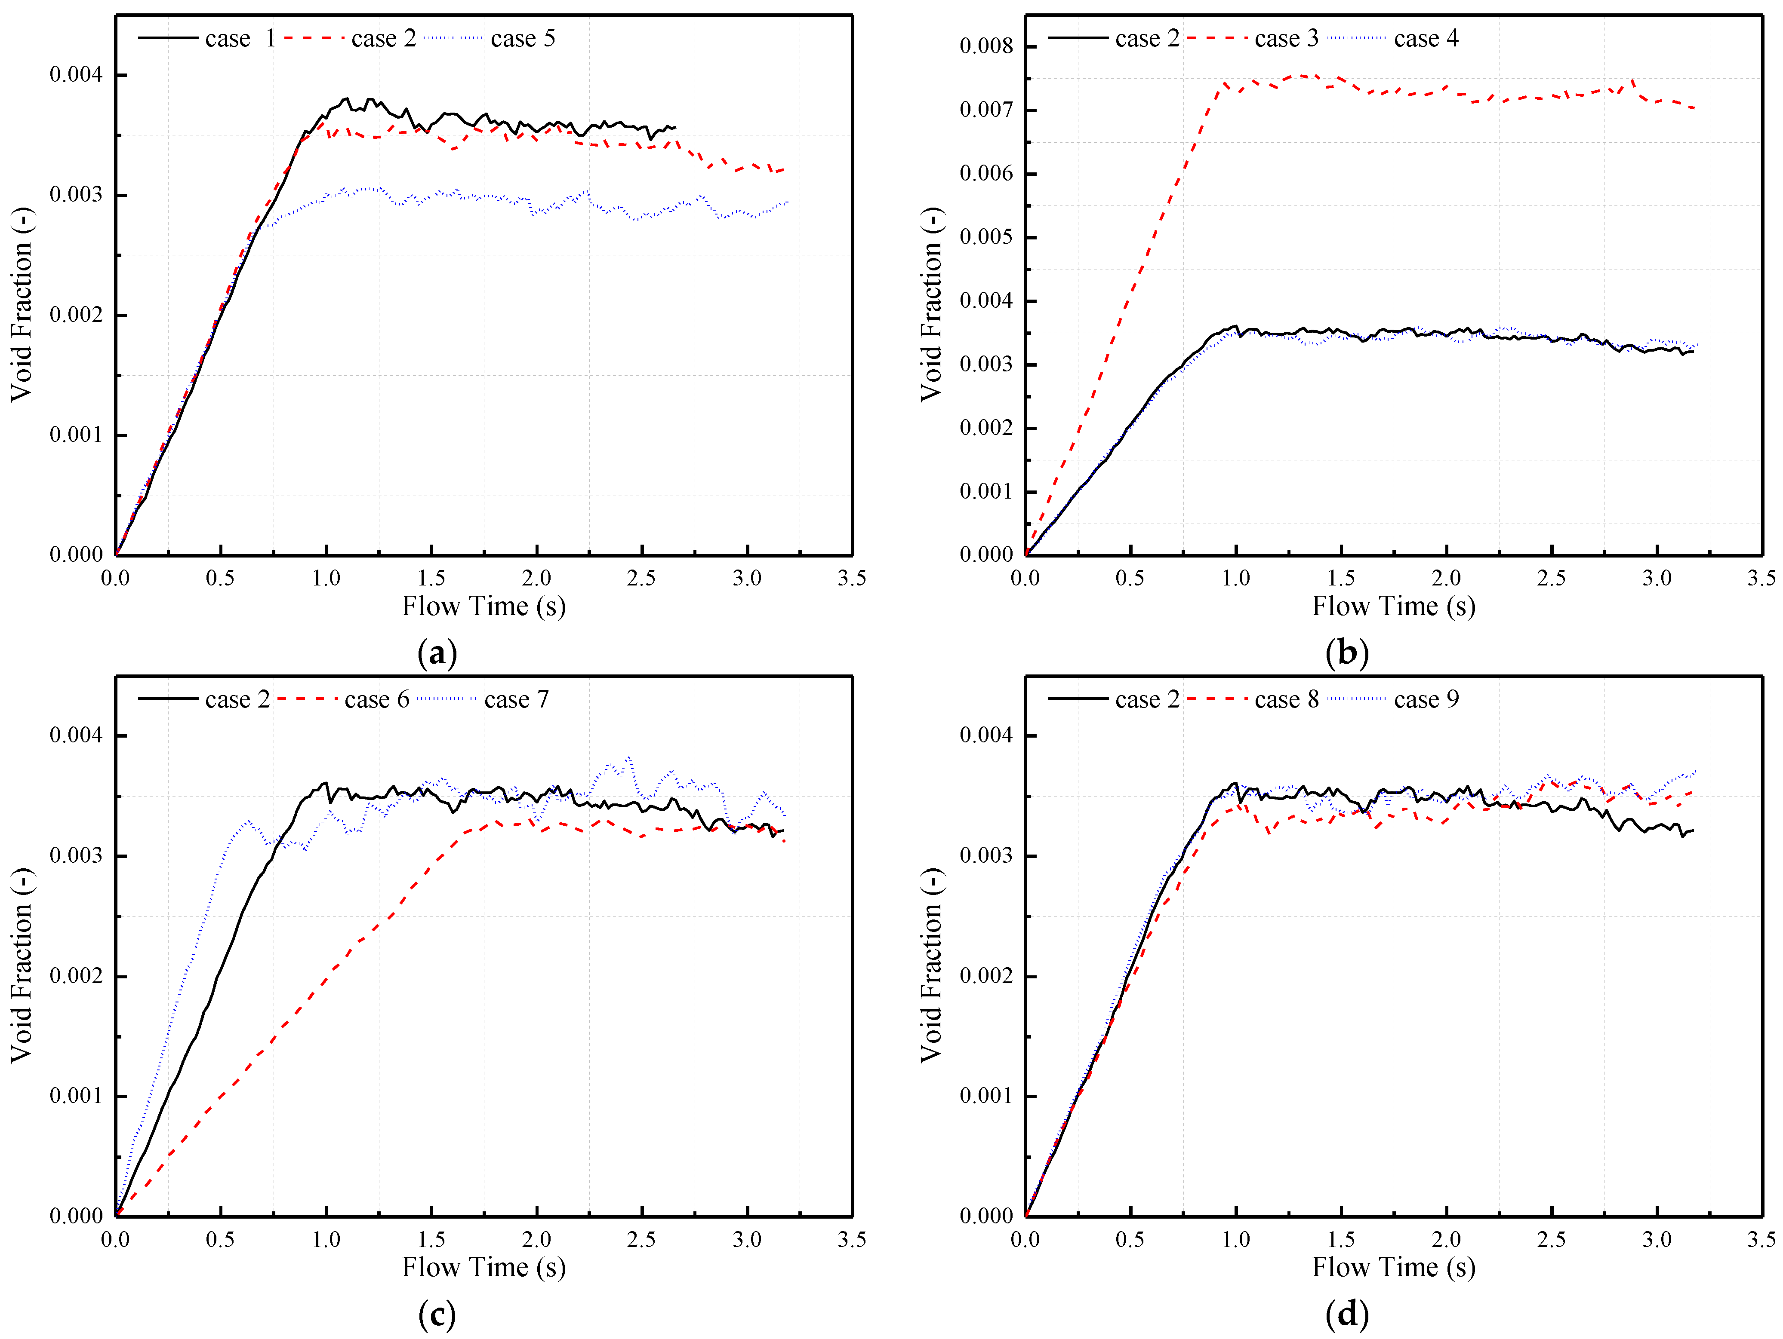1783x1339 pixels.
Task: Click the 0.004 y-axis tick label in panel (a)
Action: pyautogui.click(x=77, y=75)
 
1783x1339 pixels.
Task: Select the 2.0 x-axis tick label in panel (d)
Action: pyautogui.click(x=1446, y=1239)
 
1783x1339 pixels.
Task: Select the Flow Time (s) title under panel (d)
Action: pyautogui.click(x=1394, y=1267)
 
